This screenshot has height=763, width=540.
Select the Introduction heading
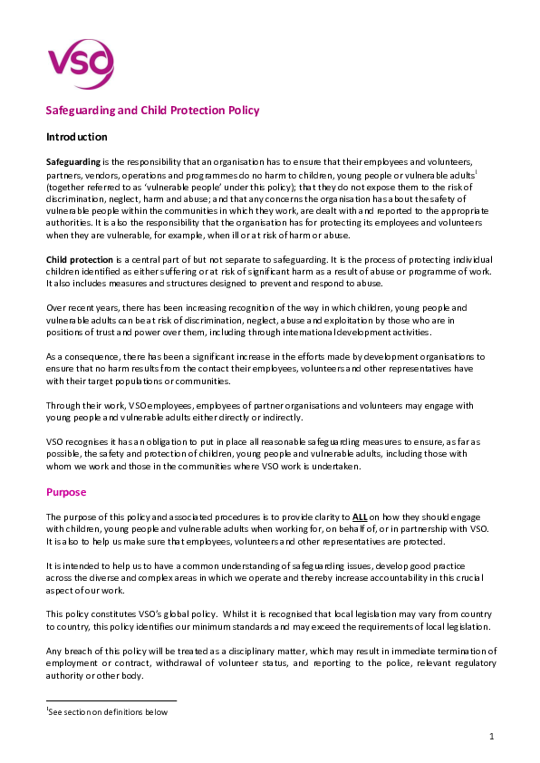pyautogui.click(x=77, y=137)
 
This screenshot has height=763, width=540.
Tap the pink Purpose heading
pyautogui.click(x=66, y=492)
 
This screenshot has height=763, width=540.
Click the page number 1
pyautogui.click(x=491, y=737)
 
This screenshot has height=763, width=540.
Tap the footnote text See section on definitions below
pyautogui.click(x=109, y=711)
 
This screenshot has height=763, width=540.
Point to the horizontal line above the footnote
pyautogui.click(x=111, y=700)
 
